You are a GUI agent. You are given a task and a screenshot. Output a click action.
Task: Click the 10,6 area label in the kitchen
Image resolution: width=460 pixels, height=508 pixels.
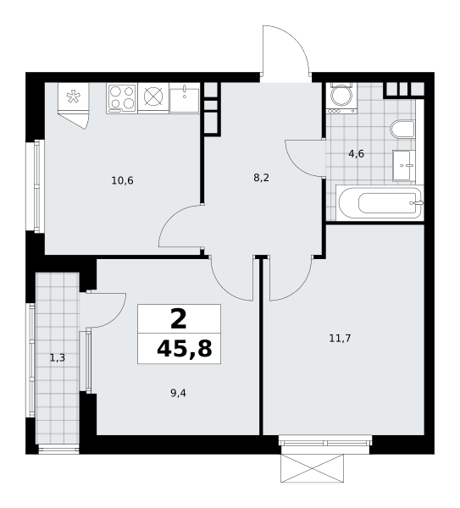tap(122, 180)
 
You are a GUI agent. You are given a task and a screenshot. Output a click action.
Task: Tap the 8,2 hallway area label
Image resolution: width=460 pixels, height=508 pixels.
tap(261, 178)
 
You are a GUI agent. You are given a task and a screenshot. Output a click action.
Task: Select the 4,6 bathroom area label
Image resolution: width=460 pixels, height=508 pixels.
tap(356, 154)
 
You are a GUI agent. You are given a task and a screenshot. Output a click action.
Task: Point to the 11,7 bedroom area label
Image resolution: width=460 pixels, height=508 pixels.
tap(340, 339)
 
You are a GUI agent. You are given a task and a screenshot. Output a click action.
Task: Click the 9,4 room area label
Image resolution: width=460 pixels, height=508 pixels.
tap(178, 394)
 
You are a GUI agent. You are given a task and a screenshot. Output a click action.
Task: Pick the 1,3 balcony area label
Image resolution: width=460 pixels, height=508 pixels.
tap(58, 358)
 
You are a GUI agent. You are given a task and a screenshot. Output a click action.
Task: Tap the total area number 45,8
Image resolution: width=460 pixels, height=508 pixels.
tap(184, 349)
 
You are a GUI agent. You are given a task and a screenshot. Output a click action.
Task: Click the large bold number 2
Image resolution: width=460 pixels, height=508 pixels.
tap(179, 318)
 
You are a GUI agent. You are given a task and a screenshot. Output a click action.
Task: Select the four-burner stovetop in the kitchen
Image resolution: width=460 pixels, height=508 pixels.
tap(122, 98)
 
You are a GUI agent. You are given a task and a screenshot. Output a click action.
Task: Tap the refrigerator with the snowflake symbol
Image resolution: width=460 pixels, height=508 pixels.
tap(73, 97)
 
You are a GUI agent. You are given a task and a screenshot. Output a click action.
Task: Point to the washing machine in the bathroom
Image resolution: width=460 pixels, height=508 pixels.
tap(341, 98)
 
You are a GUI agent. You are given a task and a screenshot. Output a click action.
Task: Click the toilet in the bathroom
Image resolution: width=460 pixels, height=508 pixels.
tap(402, 130)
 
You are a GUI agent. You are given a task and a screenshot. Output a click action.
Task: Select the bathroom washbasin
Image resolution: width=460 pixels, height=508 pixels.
tap(404, 165)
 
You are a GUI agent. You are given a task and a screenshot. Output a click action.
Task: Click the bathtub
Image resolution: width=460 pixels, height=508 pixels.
tap(380, 203)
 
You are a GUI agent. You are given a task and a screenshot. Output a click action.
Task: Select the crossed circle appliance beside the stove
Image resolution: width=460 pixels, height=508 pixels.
tap(153, 97)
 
